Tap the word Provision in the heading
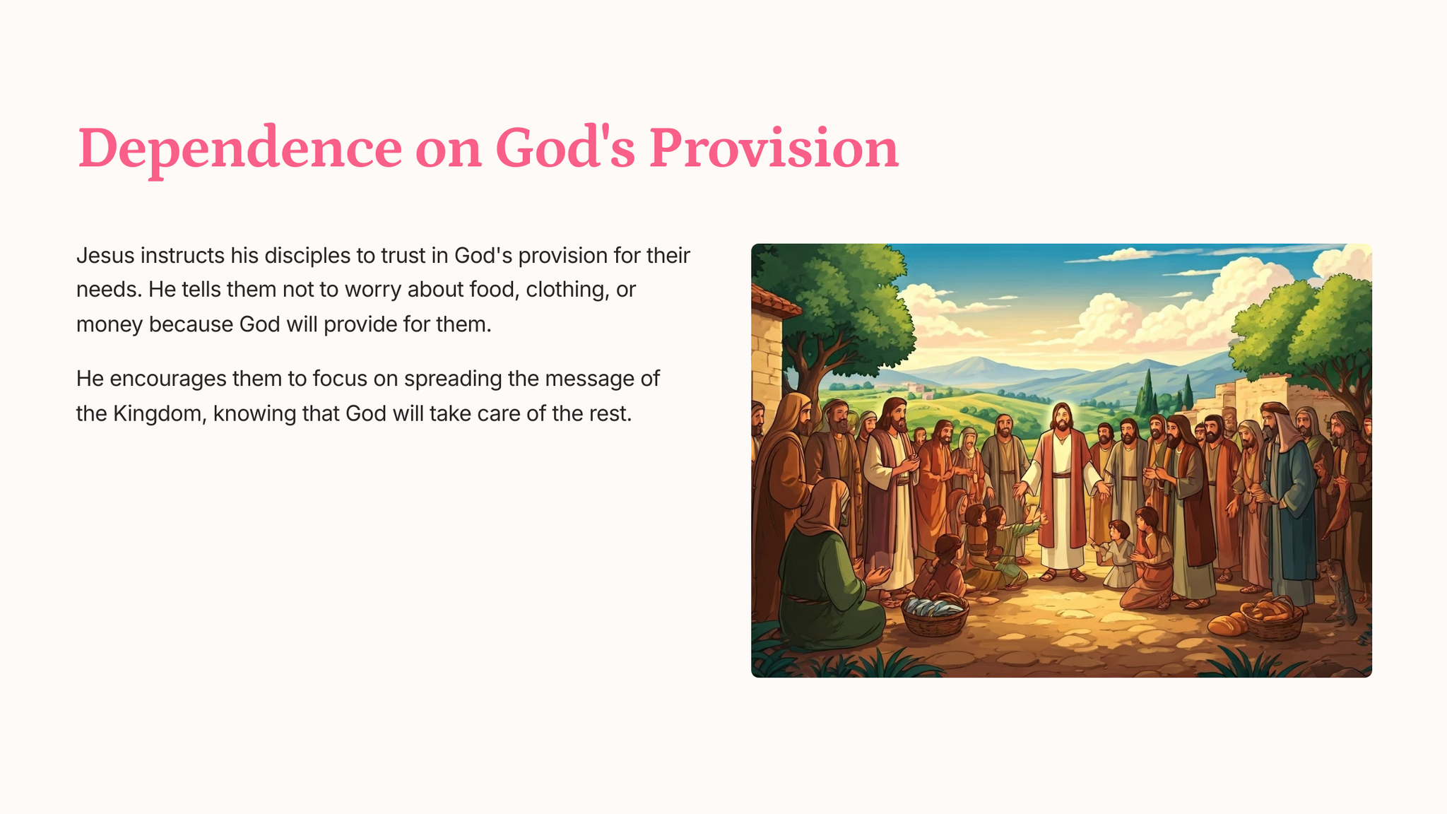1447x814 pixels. [774, 148]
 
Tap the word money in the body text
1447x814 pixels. [110, 325]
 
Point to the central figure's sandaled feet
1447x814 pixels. [1062, 574]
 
